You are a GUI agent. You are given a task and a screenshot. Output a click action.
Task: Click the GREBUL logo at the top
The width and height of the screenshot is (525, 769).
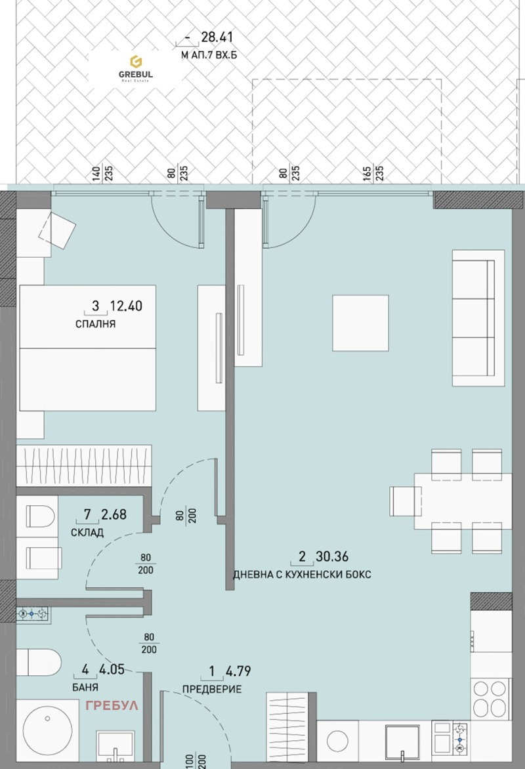click(x=136, y=68)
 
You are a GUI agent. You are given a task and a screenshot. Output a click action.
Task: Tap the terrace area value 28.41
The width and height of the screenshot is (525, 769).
click(x=217, y=38)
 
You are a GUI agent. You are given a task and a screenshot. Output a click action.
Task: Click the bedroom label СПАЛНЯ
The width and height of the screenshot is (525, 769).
click(x=96, y=323)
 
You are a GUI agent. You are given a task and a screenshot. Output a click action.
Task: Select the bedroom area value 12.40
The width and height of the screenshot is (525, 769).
click(x=126, y=305)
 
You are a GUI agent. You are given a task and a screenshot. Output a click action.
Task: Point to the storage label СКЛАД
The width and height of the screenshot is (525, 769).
click(x=87, y=532)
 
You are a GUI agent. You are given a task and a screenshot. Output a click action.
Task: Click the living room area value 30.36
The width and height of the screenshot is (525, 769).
click(x=331, y=558)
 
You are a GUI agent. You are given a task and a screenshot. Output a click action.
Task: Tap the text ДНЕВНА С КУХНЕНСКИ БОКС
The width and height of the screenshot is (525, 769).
click(x=302, y=575)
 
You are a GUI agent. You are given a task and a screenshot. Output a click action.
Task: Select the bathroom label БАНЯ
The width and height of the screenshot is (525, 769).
click(x=87, y=688)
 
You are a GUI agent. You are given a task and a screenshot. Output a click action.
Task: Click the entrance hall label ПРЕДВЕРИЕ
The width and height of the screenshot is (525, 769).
click(x=212, y=689)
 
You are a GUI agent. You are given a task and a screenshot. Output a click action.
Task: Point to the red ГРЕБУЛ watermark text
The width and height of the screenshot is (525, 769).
click(x=112, y=706)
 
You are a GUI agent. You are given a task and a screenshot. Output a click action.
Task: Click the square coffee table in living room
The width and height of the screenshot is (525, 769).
click(x=360, y=323)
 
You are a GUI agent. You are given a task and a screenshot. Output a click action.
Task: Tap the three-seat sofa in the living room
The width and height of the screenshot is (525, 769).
click(x=473, y=318)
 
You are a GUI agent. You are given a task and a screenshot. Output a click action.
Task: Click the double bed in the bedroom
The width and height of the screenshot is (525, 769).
click(x=88, y=348)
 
